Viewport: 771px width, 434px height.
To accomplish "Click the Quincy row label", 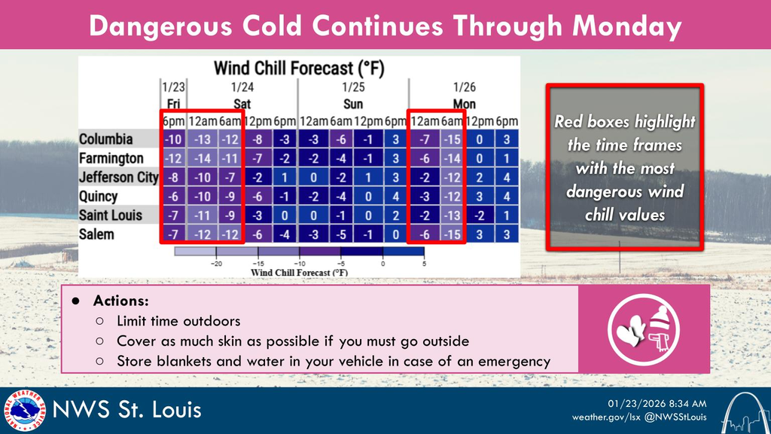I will [x=99, y=197].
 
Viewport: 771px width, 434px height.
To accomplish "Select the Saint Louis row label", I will [x=111, y=215].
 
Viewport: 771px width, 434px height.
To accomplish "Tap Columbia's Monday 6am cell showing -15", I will [x=452, y=139].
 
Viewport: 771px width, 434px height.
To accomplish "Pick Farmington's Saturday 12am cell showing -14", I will [x=202, y=158].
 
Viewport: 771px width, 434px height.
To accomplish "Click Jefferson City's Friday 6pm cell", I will [x=173, y=178].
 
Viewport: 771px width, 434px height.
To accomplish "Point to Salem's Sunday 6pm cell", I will [x=395, y=234].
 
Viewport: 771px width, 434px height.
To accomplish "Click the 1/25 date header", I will [x=353, y=87].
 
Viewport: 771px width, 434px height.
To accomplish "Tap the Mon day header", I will [x=465, y=103].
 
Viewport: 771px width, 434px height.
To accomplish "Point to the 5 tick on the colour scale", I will [x=423, y=263].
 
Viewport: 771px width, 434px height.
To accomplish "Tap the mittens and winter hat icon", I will [x=644, y=329].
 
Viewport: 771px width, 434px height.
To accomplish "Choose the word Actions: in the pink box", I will [x=120, y=301].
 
